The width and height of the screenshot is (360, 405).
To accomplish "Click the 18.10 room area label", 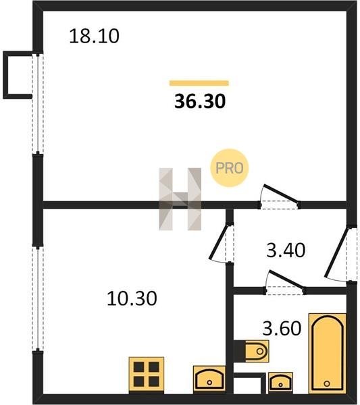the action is click(95, 36).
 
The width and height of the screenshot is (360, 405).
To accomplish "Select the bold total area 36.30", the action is click(200, 101).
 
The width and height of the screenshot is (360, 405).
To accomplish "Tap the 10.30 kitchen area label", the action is click(132, 298).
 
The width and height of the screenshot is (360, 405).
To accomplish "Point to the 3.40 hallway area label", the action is click(286, 250).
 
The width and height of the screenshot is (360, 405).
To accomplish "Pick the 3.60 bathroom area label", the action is click(282, 328).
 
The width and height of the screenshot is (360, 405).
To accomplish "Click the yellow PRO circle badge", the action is click(229, 168).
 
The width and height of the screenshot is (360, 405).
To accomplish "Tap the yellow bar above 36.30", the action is click(199, 83).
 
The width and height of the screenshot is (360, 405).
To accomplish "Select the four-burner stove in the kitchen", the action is click(147, 375).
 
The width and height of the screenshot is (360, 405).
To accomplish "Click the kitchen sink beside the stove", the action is click(209, 379).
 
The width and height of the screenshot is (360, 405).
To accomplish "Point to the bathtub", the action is click(328, 353).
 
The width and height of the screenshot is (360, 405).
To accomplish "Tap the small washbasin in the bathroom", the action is click(280, 382).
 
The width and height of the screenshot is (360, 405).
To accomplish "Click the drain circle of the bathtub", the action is click(327, 383).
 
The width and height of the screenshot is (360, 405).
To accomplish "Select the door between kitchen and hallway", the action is click(222, 243).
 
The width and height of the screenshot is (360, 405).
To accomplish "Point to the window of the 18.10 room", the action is click(38, 103).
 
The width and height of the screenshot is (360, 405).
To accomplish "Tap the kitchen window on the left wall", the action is click(38, 298).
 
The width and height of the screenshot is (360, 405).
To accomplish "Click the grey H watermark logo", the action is click(180, 199).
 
